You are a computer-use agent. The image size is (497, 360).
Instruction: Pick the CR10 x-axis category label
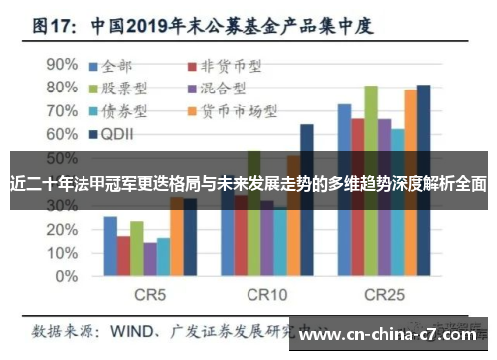point(266,295)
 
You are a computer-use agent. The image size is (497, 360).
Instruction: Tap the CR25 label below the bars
point(383,295)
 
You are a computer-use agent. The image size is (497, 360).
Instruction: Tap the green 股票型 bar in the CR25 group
point(371,179)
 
